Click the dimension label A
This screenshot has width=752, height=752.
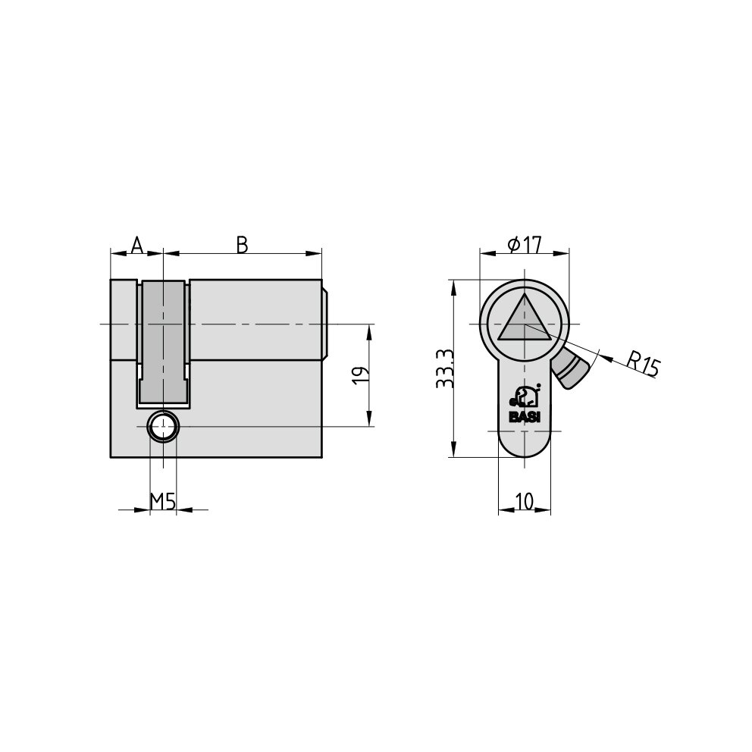pos(136,245)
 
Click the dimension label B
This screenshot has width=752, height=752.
pos(242,245)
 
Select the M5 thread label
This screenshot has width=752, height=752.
pos(162,501)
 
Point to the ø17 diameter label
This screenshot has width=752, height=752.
pos(524,245)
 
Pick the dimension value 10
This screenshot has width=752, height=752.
pos(525,501)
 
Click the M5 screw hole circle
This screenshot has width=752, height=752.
pos(163,428)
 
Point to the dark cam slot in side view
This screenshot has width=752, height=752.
pos(163,341)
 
